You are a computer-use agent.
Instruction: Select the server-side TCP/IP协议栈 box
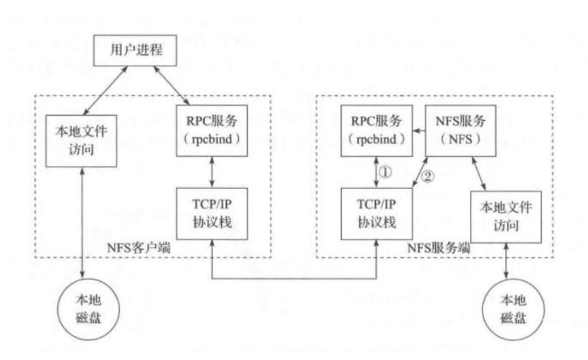376,214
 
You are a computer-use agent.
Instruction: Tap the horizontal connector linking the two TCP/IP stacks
294,278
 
